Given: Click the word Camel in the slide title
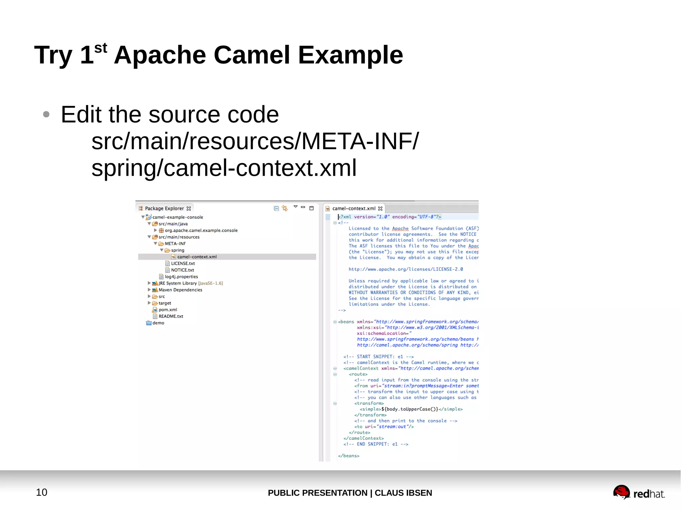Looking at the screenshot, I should (251, 55).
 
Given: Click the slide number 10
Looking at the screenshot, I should (42, 492).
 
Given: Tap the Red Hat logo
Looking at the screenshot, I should (638, 493).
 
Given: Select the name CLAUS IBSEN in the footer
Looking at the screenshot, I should (403, 493).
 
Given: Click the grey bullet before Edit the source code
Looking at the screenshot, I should (46, 115).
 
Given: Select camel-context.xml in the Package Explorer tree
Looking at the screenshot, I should (197, 257).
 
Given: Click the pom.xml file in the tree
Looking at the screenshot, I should (168, 310).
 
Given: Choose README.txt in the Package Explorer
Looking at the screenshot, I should (171, 316).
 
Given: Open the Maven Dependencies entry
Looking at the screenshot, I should (180, 290).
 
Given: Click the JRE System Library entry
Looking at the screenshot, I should (178, 283).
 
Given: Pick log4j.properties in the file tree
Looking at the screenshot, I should (181, 276).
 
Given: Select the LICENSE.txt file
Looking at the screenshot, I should (183, 263).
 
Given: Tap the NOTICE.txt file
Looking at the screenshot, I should (182, 270).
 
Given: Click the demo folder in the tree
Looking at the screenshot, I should (158, 323).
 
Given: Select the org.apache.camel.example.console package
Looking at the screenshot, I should (201, 230).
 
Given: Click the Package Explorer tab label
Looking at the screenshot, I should (164, 208).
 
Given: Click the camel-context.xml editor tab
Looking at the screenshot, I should (354, 208).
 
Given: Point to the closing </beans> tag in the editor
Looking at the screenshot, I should (348, 456).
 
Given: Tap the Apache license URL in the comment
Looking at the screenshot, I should (406, 269).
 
